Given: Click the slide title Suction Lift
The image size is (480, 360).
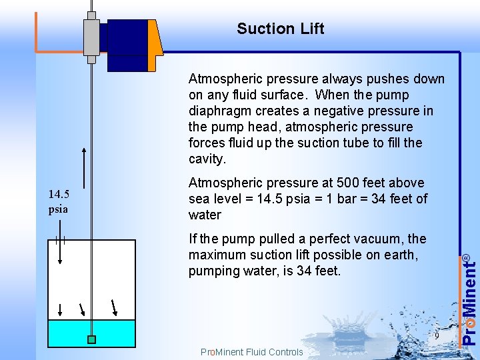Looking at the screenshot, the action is coord(280,29).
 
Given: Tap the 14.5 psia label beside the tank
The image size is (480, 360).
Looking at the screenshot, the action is coord(58,201).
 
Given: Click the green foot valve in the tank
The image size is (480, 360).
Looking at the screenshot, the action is coord(91,339).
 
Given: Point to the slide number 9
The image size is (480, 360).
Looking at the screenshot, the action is coord(436,335).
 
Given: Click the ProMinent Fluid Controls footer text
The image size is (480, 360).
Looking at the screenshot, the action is coord(251,352).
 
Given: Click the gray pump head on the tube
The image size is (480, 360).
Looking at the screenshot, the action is coord(91,37).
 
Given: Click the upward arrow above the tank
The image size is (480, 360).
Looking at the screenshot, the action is coord(84,167).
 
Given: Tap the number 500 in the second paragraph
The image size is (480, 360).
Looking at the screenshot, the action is coord(347,183).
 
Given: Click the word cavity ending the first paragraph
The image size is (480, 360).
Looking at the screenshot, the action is coord(207,159).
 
